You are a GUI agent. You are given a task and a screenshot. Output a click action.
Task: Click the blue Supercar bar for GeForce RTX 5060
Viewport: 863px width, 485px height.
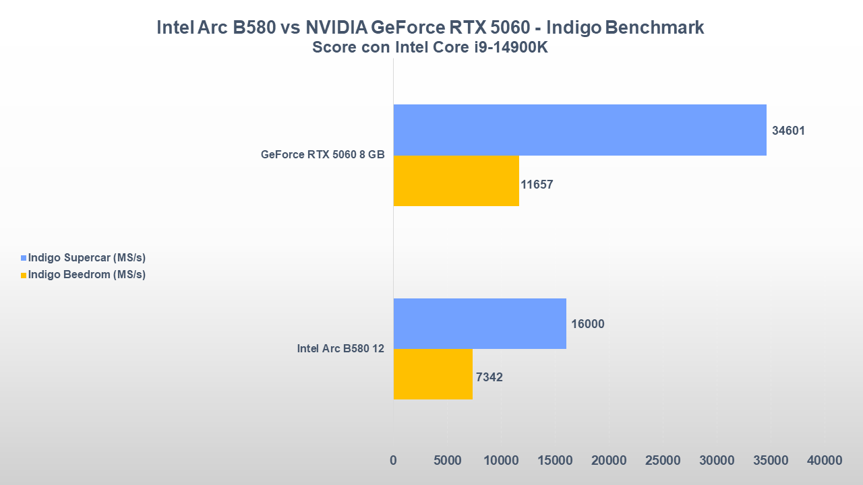(x=580, y=130)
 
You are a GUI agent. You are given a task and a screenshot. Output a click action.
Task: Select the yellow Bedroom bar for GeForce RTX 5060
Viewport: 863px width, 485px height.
(x=456, y=181)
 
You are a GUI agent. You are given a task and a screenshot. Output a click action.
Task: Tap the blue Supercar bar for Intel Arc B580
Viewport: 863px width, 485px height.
(x=479, y=323)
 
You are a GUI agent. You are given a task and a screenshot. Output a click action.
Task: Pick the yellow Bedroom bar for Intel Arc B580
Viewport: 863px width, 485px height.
(x=433, y=374)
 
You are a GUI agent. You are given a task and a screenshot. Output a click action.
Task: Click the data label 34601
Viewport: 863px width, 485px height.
(x=788, y=131)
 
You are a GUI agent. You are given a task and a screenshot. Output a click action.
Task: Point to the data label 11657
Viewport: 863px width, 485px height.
(x=537, y=184)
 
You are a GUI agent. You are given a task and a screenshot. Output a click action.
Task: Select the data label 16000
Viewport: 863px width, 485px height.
(x=587, y=324)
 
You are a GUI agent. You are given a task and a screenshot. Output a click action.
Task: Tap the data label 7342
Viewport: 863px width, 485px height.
(x=489, y=377)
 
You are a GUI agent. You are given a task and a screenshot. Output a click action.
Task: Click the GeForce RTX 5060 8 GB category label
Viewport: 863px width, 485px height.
(x=322, y=154)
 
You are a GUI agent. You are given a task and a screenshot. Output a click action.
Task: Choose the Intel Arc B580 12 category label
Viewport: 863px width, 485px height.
(x=340, y=348)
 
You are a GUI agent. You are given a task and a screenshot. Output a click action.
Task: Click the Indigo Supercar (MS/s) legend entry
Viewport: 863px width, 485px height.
(x=87, y=257)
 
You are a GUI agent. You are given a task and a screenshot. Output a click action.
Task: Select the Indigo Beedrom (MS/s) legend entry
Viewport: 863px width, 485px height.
(x=87, y=274)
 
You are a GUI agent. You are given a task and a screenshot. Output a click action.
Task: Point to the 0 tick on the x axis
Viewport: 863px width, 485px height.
(x=393, y=460)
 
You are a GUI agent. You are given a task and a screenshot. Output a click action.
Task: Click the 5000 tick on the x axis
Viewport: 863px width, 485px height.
(x=447, y=460)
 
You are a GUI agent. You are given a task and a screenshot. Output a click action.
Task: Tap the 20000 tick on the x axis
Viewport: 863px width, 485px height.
(x=609, y=460)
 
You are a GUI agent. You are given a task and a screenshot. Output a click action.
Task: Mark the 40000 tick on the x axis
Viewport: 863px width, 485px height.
(x=825, y=460)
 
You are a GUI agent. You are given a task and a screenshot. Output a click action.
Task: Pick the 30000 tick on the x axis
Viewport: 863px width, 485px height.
(x=717, y=460)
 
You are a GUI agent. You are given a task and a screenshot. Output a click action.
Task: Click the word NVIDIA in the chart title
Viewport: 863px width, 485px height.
(x=334, y=28)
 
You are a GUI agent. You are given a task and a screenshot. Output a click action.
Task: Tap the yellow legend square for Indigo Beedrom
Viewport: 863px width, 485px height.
(x=24, y=275)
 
